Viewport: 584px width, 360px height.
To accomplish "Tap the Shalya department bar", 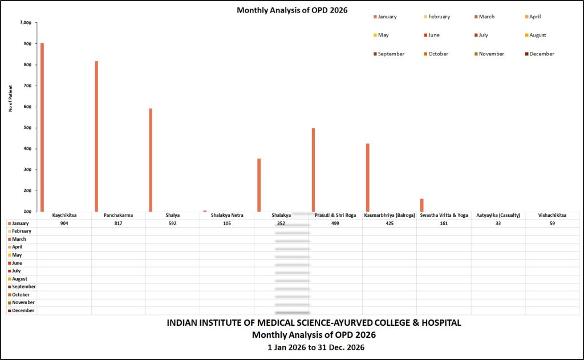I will [151, 160].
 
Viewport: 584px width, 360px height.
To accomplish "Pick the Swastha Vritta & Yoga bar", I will [421, 205].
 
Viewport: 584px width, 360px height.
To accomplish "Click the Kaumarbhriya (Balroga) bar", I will [367, 177].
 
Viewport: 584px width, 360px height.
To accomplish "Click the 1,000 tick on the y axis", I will [26, 23].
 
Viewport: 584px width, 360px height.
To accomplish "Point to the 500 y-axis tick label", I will [28, 128].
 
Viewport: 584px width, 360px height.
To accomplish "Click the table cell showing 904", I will [64, 224].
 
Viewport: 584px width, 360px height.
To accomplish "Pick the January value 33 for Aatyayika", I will [498, 224].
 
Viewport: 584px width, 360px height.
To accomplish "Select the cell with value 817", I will [119, 224].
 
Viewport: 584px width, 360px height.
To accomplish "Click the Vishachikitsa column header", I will [552, 216].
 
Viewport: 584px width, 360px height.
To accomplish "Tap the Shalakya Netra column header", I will [227, 216].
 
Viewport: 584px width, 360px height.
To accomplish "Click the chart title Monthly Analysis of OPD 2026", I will [292, 10].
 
